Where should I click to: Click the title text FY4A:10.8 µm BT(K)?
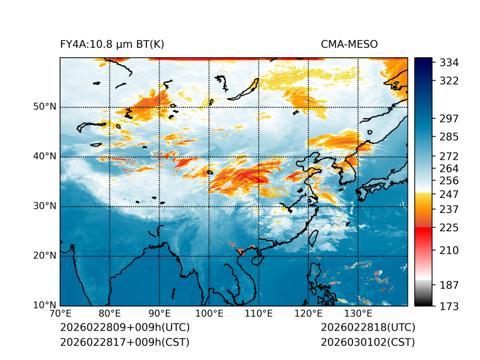tap(112, 44)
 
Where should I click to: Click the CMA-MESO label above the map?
tap(349, 44)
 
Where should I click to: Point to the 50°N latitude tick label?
tap(45, 107)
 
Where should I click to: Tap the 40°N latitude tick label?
tap(45, 156)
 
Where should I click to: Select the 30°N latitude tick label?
tap(45, 206)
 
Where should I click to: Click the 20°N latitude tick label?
tap(45, 256)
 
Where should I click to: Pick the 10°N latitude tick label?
tap(45, 305)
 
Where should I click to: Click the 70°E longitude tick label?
tap(60, 314)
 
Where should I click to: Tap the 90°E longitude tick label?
tap(160, 314)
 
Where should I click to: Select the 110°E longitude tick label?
tap(258, 314)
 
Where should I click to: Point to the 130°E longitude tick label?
tap(357, 314)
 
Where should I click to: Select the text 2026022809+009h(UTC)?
tap(124, 327)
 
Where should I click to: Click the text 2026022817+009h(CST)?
tap(124, 342)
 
